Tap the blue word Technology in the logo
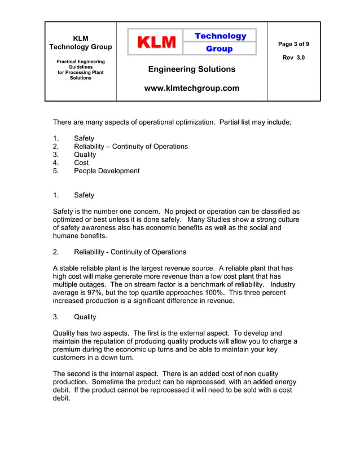(x=220, y=36)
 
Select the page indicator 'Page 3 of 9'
(x=293, y=44)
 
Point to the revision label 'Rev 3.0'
(x=293, y=58)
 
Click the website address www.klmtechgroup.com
(x=192, y=88)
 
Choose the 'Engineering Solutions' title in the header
(x=192, y=69)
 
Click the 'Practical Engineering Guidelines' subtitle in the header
(x=80, y=64)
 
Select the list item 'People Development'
(x=107, y=171)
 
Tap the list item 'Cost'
(x=81, y=162)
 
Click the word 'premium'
(x=68, y=350)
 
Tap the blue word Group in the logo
(x=219, y=49)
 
